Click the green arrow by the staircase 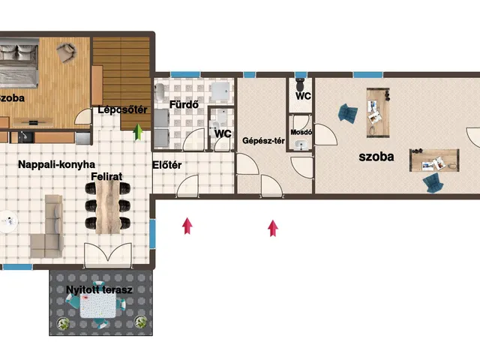click(138, 132)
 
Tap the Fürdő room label click(184, 104)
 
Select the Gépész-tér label click(263, 141)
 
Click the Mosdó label click(301, 132)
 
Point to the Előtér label click(166, 165)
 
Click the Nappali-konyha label click(57, 164)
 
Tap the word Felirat click(106, 176)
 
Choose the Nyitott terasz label click(99, 289)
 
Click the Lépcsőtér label click(122, 109)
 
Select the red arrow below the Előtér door click(187, 226)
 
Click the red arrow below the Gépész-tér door click(273, 228)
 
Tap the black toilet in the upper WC click(300, 85)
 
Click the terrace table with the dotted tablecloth click(98, 305)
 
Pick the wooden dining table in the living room click(107, 207)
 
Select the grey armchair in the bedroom click(67, 52)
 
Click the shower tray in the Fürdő click(220, 91)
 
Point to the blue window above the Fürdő click(185, 74)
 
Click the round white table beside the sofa click(8, 221)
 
